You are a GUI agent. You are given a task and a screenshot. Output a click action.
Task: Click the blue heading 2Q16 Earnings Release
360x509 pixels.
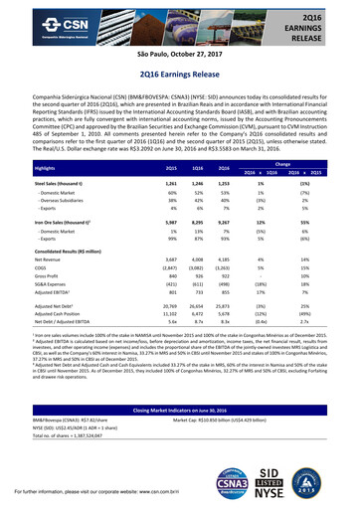[x=180, y=75]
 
